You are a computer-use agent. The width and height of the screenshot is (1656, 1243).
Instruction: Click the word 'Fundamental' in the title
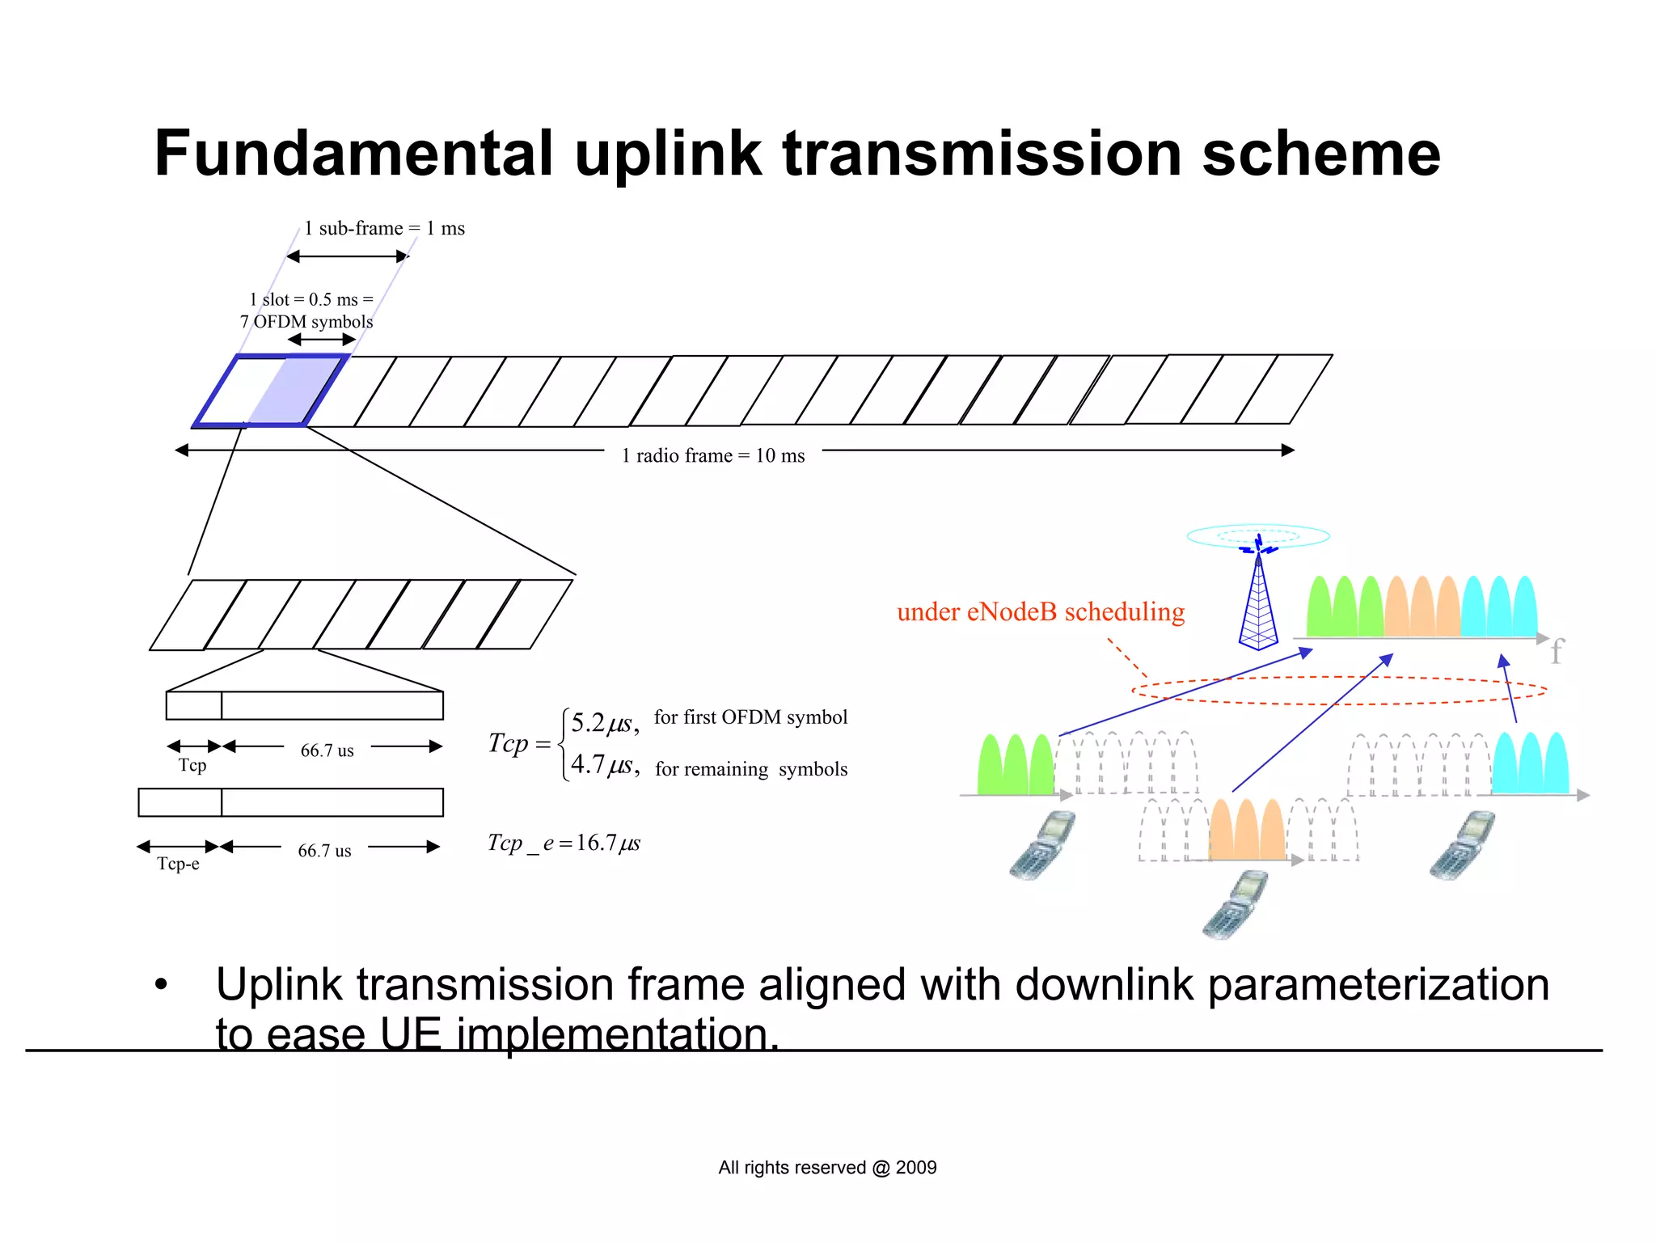(353, 154)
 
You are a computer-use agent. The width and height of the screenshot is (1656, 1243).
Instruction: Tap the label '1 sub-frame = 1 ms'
(384, 229)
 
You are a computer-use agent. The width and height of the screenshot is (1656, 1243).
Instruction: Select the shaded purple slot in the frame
(296, 390)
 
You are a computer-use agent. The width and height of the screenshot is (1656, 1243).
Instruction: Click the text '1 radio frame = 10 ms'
(712, 456)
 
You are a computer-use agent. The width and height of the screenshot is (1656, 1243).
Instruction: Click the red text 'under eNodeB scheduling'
(1041, 612)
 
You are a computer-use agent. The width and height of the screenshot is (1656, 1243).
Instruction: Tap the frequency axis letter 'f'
(1557, 651)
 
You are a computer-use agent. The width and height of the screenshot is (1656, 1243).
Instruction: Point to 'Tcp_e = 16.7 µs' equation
(564, 843)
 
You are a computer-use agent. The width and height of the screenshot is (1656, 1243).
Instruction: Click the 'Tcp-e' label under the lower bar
(178, 864)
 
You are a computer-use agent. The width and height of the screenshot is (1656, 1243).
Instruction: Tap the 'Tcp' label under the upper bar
(192, 765)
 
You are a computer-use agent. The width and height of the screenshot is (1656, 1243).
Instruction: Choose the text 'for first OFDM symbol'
(750, 717)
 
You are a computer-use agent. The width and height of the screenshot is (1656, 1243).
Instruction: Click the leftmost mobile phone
(1041, 845)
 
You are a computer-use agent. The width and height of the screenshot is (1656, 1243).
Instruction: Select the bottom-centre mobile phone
(1235, 904)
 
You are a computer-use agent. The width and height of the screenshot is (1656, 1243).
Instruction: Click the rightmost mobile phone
(1461, 845)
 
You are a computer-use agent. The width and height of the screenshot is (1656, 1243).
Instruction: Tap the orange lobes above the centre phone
(1246, 831)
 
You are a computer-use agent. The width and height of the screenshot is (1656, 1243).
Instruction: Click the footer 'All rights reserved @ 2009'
(827, 1168)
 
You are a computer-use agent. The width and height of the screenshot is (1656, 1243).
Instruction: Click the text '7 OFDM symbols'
(306, 322)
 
